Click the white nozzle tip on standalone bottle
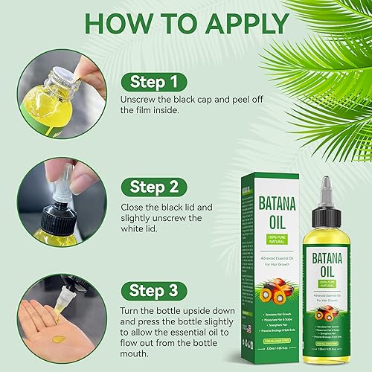coord(328,182)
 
